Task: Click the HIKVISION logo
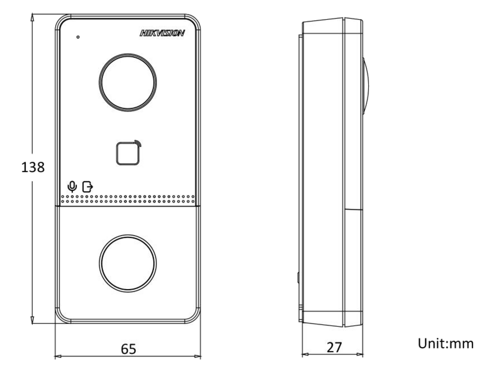pyautogui.click(x=162, y=33)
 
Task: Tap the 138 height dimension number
pyautogui.click(x=33, y=167)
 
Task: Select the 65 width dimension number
pyautogui.click(x=129, y=349)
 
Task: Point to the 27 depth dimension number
pyautogui.click(x=334, y=347)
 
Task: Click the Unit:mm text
pyautogui.click(x=445, y=343)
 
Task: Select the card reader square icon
pyautogui.click(x=127, y=154)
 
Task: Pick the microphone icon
pyautogui.click(x=72, y=186)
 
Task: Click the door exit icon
pyautogui.click(x=88, y=187)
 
